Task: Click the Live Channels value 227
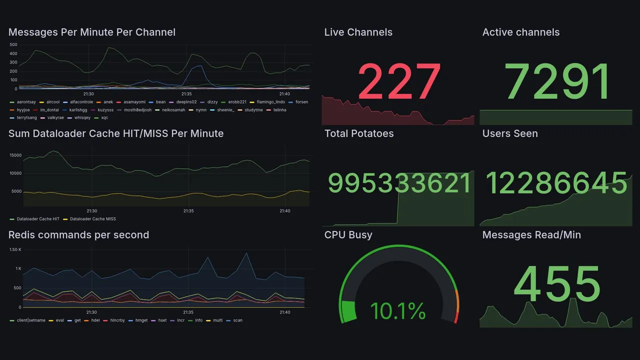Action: [399, 81]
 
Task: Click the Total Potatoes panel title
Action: [358, 133]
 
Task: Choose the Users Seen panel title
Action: [509, 133]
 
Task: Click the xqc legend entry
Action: [104, 118]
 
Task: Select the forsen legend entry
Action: [301, 102]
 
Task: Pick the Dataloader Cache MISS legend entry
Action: [92, 219]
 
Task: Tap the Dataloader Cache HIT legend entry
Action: [38, 219]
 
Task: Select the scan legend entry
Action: [237, 320]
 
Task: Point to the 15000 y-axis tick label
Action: [15, 155]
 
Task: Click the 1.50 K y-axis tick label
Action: [15, 250]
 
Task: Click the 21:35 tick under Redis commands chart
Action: [187, 312]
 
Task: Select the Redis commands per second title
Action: [78, 235]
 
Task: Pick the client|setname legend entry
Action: [31, 320]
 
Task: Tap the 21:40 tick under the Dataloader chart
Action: [284, 211]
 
